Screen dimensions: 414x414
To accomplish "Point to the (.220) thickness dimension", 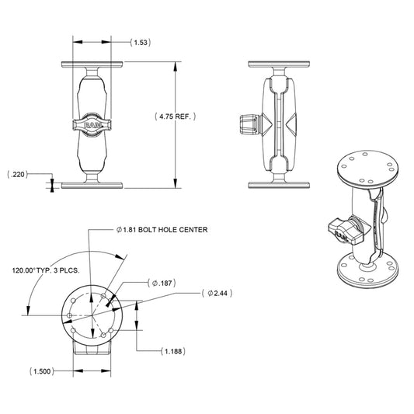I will click(x=17, y=174).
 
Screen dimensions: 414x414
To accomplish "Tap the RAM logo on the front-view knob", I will click(x=92, y=124).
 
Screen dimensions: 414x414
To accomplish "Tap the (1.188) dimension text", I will click(x=172, y=352).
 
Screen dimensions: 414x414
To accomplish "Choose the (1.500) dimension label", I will click(x=43, y=371).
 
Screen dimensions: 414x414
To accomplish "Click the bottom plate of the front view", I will click(x=92, y=184).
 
